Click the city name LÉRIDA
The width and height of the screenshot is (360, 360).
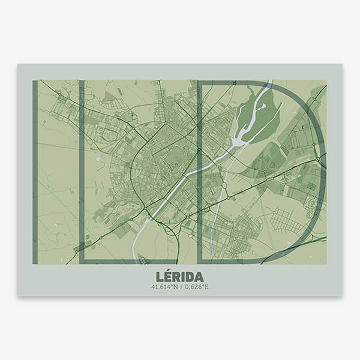(x=179, y=277)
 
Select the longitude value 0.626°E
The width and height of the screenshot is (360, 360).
(x=196, y=287)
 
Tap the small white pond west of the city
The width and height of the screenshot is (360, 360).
(x=97, y=159)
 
